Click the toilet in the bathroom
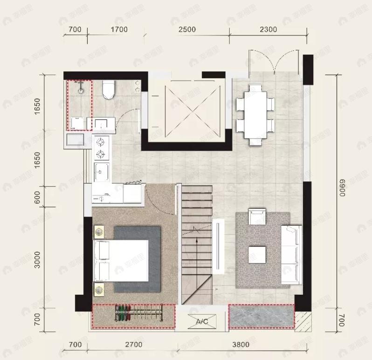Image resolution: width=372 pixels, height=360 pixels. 108,90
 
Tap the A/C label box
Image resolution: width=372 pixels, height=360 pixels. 202,321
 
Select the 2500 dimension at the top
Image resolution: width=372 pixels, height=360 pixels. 186,29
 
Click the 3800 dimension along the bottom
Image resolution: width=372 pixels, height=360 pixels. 241,345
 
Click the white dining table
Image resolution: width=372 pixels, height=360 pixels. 255,112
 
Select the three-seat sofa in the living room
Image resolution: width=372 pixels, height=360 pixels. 291,254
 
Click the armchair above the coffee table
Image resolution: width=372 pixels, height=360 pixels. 257,217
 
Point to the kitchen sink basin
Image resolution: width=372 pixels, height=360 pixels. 101,171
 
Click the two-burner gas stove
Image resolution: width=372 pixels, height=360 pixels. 101,148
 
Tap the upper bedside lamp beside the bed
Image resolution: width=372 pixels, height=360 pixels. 99,231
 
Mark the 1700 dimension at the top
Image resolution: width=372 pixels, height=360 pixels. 119,29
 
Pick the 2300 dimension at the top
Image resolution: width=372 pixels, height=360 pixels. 268,29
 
